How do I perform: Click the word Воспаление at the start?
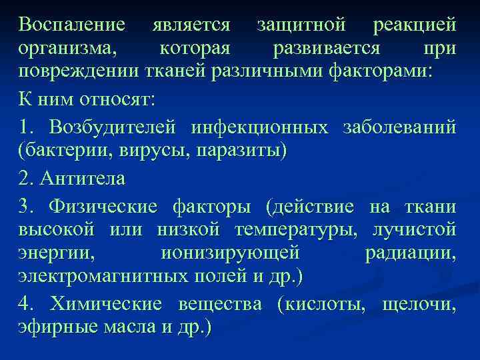tap(72, 25)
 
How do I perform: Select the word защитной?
tap(301, 25)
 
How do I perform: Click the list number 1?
tap(25, 126)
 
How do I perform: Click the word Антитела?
tap(82, 177)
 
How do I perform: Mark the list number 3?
tap(25, 204)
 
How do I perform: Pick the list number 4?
tap(25, 304)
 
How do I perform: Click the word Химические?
tap(105, 304)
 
